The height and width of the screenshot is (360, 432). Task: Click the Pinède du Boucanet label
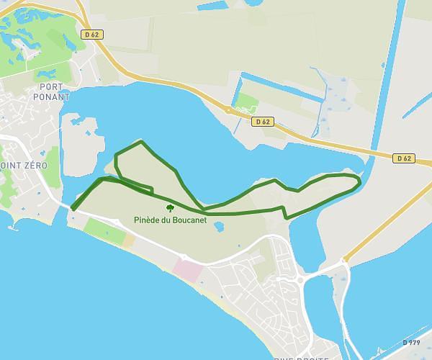click(x=171, y=220)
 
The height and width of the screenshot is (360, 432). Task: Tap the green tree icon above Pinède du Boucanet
click(x=171, y=209)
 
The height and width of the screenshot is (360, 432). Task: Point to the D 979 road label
click(x=411, y=343)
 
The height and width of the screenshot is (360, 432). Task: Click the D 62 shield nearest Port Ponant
click(x=92, y=34)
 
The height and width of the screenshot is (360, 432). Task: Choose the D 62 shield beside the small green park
click(x=262, y=122)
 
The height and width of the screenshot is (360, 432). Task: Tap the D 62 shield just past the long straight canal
click(x=403, y=158)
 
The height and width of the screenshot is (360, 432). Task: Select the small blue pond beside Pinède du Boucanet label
click(x=219, y=227)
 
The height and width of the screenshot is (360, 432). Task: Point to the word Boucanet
click(x=189, y=220)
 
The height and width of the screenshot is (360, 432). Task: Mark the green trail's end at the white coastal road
click(x=73, y=210)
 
